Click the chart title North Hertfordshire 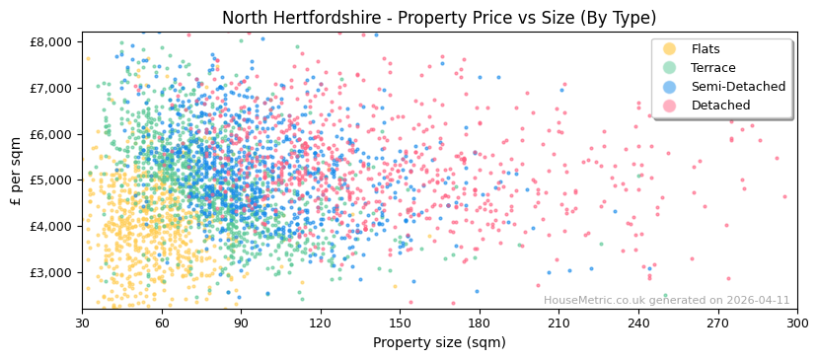pos(438,18)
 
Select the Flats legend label pos(705,49)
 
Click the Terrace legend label pos(713,68)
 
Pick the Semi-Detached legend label pos(738,87)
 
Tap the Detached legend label pos(720,106)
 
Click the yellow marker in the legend pos(670,49)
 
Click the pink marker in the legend pos(670,106)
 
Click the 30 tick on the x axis pos(82,323)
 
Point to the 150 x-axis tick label pos(400,323)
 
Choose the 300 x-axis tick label pos(797,323)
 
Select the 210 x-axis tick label pos(558,323)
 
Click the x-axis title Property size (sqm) pos(439,342)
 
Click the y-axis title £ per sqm pos(16,172)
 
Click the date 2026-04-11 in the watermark pos(756,301)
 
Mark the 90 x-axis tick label pos(241,323)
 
